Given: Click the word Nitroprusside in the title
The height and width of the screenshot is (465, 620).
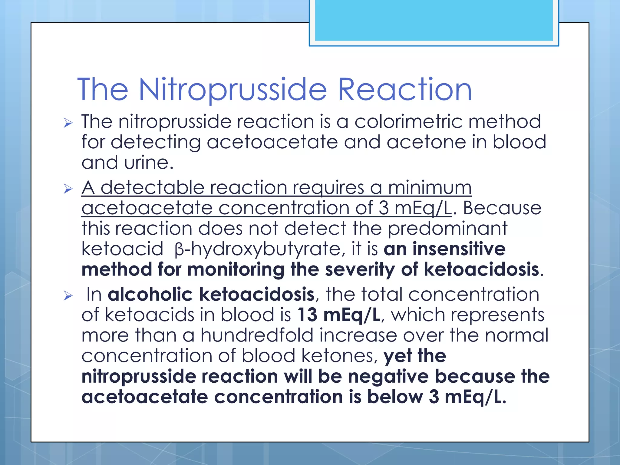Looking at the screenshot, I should (x=232, y=90).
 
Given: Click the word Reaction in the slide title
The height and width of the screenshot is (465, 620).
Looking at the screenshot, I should (x=404, y=90).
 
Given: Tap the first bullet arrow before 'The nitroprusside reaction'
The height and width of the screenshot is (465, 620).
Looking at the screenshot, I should (x=68, y=123).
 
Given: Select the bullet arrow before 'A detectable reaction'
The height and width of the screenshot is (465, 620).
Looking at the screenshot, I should (x=68, y=189).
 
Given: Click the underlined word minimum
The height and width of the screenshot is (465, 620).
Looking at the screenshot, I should (x=430, y=188).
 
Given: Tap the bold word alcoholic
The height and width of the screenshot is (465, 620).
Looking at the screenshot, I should (x=150, y=295).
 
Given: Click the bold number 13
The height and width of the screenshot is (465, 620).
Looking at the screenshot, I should (x=307, y=315).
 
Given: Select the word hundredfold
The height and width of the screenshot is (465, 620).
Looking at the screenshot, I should (x=257, y=335).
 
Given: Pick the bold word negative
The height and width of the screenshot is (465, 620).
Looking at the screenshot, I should (x=388, y=377).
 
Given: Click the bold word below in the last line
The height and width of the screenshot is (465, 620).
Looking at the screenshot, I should (x=395, y=397).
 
